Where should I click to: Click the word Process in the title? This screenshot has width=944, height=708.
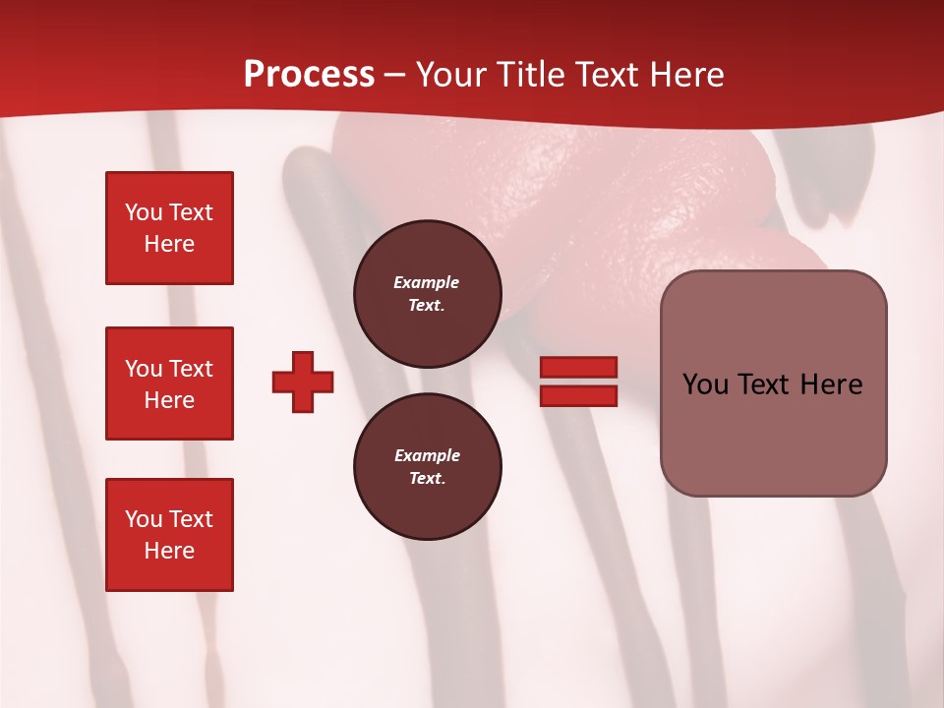click(309, 75)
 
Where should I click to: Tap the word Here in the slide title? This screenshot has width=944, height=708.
click(686, 75)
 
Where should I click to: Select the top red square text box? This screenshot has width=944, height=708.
click(169, 228)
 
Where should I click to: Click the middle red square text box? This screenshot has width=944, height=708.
click(169, 383)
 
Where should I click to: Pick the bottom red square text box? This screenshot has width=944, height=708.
click(169, 535)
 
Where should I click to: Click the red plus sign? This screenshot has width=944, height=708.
click(303, 382)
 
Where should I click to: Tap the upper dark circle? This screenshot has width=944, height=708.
click(428, 294)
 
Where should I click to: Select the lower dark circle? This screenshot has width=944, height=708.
click(428, 467)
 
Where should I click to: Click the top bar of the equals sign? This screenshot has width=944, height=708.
click(579, 367)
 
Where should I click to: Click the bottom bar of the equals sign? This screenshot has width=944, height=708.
click(579, 396)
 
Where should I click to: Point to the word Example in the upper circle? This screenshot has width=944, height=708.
click(427, 282)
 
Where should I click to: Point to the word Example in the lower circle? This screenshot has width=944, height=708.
click(427, 455)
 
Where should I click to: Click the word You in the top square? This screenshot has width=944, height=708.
click(144, 212)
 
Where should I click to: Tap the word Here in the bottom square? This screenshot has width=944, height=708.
click(169, 551)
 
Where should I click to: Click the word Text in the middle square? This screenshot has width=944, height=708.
click(190, 369)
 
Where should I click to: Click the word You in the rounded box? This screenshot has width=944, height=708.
click(704, 384)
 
